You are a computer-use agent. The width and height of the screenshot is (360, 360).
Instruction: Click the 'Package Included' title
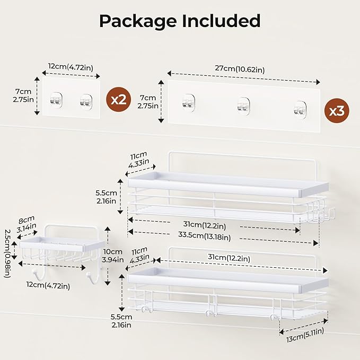tap(180, 21)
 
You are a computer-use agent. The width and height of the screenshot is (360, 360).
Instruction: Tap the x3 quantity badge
tap(336, 110)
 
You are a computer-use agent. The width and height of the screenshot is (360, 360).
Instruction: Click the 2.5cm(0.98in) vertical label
tap(6, 253)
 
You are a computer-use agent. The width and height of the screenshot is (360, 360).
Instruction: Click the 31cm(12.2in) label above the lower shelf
tap(229, 258)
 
